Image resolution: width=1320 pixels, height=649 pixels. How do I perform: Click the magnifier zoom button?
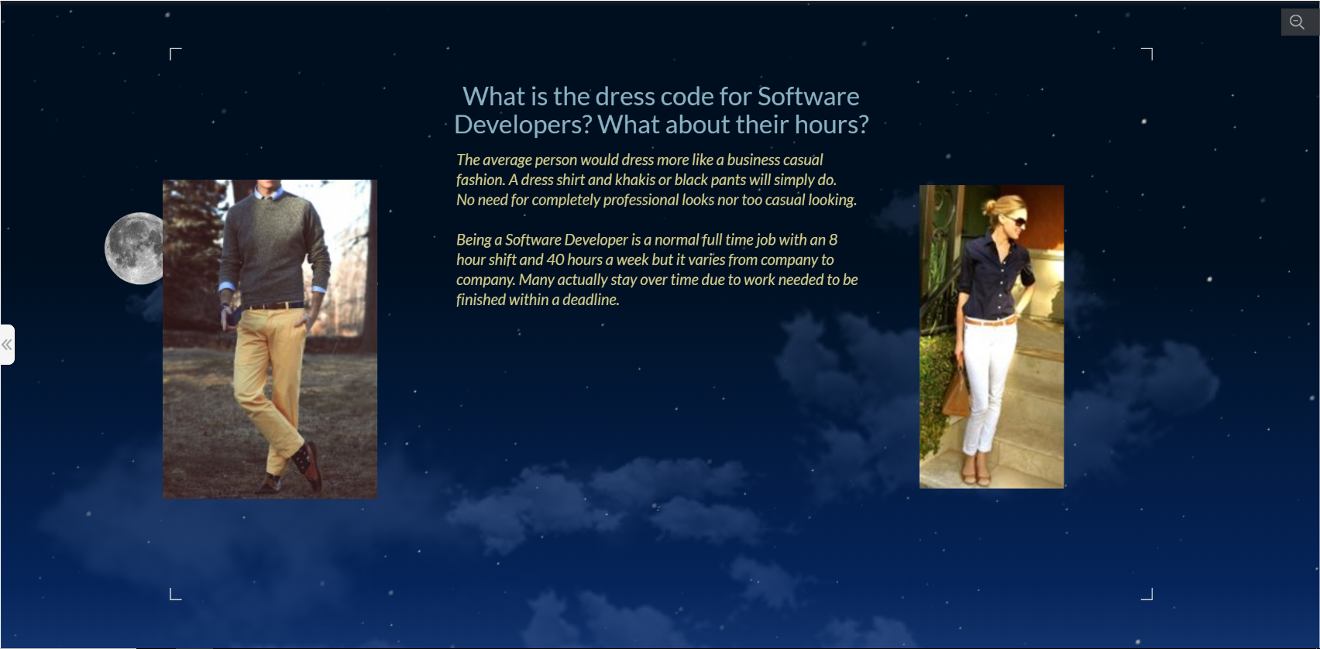(1298, 22)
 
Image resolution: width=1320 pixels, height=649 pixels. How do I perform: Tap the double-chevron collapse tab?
(7, 345)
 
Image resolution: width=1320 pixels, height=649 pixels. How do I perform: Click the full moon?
(134, 249)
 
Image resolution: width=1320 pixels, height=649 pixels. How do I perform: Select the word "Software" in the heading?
(808, 96)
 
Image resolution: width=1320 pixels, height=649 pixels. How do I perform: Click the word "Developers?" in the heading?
(523, 125)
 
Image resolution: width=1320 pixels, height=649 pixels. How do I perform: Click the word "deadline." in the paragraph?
(590, 300)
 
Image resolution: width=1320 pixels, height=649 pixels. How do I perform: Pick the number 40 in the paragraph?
(555, 259)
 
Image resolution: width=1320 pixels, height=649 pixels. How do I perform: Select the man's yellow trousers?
(267, 372)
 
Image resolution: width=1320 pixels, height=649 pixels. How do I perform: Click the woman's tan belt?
(988, 321)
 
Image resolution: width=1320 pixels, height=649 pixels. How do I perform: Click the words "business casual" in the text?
(775, 160)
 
